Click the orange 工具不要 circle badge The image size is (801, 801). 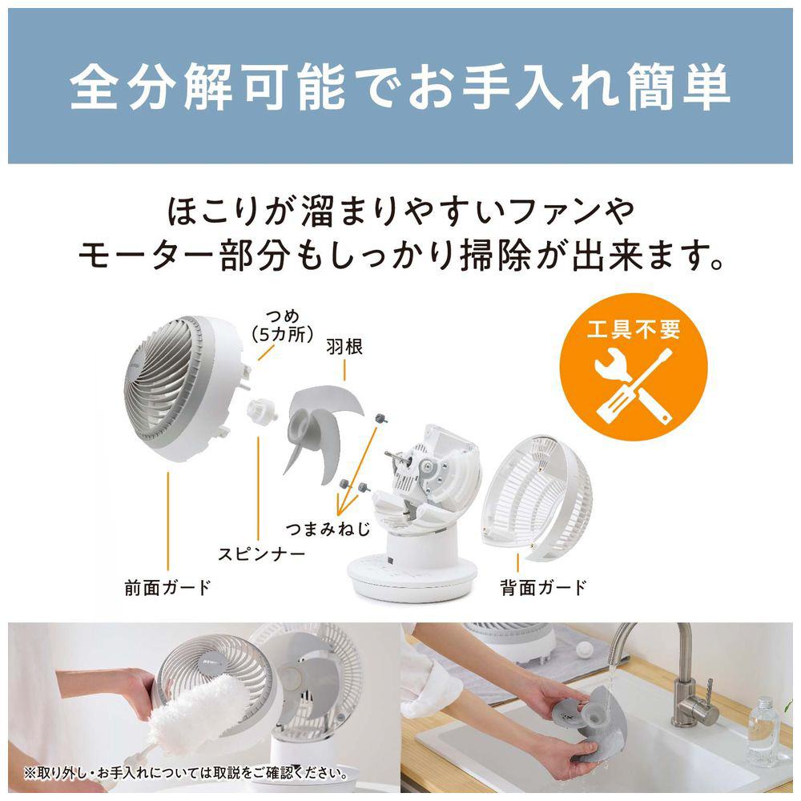[x=634, y=367]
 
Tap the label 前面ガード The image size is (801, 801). [x=167, y=587]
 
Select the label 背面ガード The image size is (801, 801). [x=544, y=587]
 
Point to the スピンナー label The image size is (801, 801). [x=262, y=553]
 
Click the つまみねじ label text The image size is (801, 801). [x=328, y=529]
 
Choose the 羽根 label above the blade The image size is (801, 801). [x=344, y=348]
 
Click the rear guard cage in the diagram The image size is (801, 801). [x=537, y=497]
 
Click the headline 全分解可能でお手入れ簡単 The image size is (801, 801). [x=400, y=87]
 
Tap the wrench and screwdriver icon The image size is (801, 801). [x=634, y=386]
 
